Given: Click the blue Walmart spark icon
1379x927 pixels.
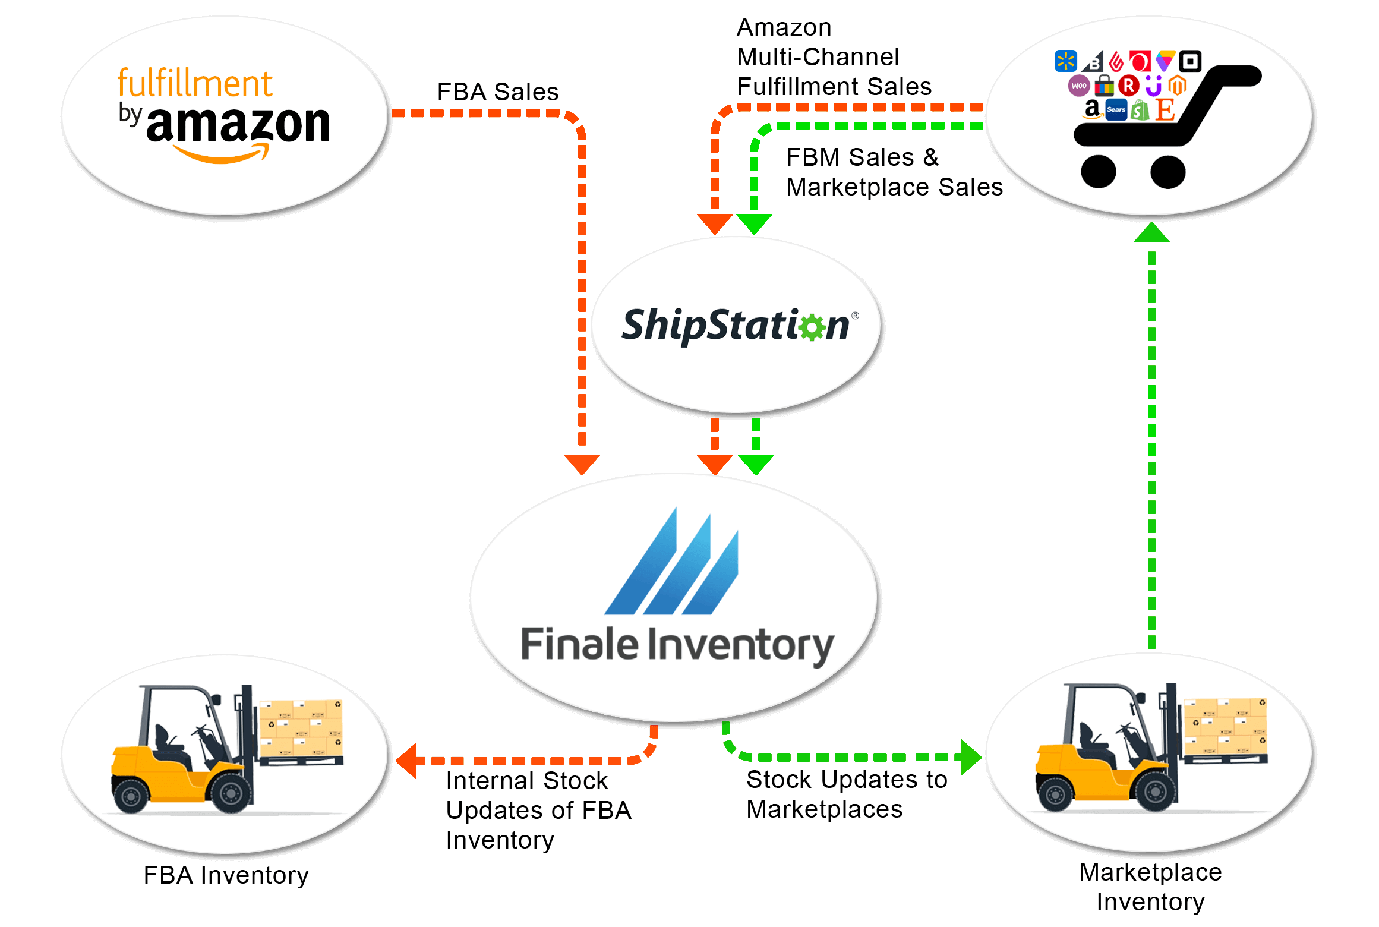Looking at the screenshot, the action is click(x=1065, y=61).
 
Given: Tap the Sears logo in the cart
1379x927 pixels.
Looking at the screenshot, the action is click(x=1116, y=109).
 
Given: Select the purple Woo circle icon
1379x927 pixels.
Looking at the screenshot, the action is click(x=1079, y=86).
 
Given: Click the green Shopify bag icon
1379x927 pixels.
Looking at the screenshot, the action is click(x=1140, y=110).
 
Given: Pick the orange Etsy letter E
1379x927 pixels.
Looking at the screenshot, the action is click(x=1165, y=109).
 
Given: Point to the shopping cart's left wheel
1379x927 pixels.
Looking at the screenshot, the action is click(x=1098, y=172).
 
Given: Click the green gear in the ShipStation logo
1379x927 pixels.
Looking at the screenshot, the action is click(x=812, y=326).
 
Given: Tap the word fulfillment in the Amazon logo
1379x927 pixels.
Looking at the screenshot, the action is click(x=195, y=83).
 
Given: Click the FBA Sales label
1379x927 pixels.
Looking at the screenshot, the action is click(x=498, y=92).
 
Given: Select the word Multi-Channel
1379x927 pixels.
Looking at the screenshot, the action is click(x=818, y=57).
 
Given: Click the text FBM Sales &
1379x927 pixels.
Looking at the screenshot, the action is click(x=862, y=157).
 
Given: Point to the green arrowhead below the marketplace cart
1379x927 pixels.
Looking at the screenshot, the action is click(x=1151, y=232).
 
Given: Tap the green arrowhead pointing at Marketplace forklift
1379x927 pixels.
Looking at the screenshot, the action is click(x=971, y=757).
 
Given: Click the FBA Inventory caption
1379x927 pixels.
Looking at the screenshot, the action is click(x=226, y=875).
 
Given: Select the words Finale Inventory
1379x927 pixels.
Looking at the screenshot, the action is click(x=678, y=645).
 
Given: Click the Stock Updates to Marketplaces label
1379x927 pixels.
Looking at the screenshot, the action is click(x=847, y=794).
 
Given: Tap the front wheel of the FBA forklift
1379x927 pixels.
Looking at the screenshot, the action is click(x=231, y=792).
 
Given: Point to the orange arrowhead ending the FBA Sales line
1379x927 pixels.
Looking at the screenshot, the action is click(x=582, y=464).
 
